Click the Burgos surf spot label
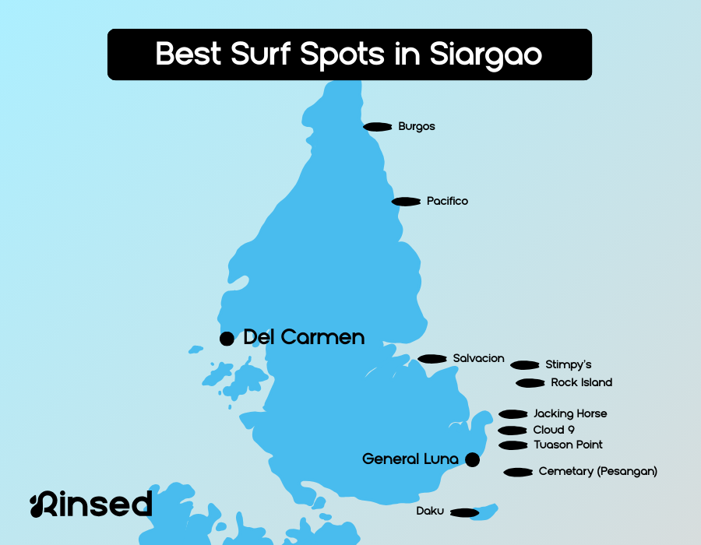(416, 126)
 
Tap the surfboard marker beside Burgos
(378, 126)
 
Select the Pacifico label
(447, 201)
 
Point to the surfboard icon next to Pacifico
(407, 202)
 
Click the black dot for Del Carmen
(227, 339)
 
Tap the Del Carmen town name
(304, 337)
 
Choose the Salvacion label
(478, 358)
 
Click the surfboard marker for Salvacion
(432, 359)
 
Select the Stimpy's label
(569, 364)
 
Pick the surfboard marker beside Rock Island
(530, 383)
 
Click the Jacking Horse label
(570, 413)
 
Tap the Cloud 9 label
(554, 430)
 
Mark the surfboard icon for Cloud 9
(513, 431)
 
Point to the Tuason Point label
(568, 445)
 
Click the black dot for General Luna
(472, 459)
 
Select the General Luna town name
(410, 459)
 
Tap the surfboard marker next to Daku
(464, 512)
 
